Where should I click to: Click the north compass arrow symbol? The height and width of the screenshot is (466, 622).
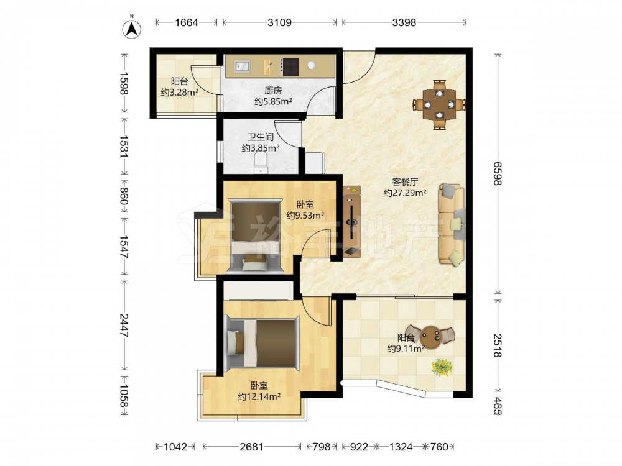pos(131,28)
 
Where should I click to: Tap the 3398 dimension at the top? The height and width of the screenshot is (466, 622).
pos(404,22)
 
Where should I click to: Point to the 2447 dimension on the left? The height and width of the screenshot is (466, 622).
pos(124,325)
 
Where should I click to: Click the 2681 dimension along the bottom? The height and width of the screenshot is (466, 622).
pos(251,447)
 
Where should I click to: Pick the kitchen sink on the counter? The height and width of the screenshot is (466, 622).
pos(241,66)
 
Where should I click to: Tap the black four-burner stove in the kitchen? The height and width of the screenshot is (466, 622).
pos(290,67)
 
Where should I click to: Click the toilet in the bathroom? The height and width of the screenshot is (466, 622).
pos(261,163)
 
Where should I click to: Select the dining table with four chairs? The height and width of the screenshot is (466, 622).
pos(439,104)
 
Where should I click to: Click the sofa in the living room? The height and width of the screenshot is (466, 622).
pos(452,224)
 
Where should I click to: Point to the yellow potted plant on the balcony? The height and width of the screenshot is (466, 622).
pos(442,367)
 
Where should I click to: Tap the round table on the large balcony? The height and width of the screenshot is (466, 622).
pos(430,336)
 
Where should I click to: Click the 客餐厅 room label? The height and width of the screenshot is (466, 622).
pos(405,182)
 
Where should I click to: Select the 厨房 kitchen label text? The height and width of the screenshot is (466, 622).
pos(273,91)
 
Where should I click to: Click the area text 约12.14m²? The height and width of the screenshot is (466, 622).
pos(259,396)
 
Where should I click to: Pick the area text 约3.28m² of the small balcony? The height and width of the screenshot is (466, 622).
pos(180,93)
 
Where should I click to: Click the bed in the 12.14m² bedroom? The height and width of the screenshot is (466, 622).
pos(262,343)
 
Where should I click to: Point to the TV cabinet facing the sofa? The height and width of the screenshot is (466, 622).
pos(352,221)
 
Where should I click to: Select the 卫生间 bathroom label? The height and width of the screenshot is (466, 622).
pos(261,137)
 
